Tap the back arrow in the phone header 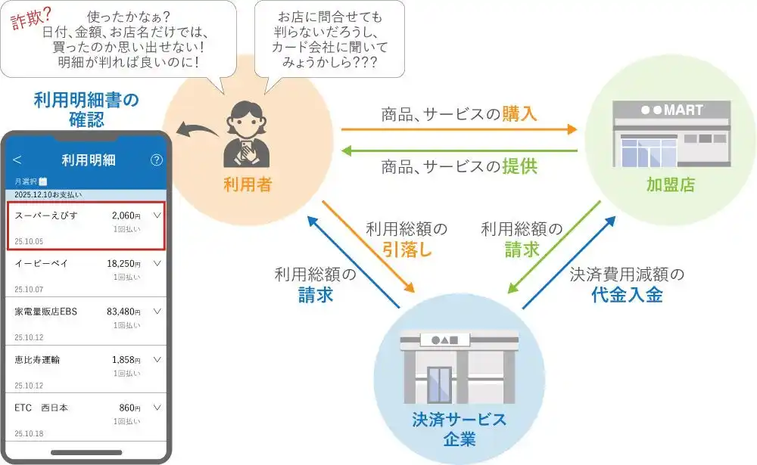click(x=17, y=160)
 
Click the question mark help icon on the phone click(x=157, y=160)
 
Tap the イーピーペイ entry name click(x=39, y=263)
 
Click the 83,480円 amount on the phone click(x=123, y=312)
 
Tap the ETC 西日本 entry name click(x=42, y=408)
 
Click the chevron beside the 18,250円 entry click(x=157, y=263)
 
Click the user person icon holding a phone click(x=245, y=135)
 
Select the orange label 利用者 click(x=248, y=185)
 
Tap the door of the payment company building click(x=439, y=385)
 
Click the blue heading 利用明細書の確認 click(x=87, y=110)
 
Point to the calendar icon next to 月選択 click(x=42, y=181)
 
